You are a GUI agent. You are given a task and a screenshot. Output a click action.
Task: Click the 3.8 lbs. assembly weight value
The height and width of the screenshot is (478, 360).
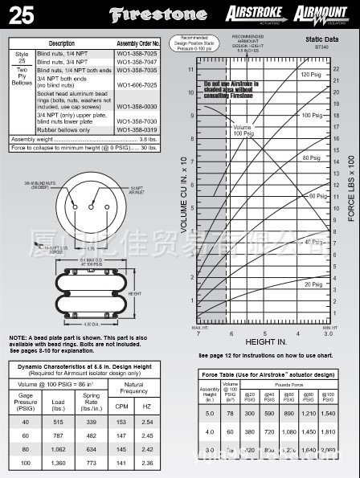[x=148, y=139]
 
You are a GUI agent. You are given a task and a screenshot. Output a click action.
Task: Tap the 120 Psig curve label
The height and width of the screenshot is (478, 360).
[x=311, y=75]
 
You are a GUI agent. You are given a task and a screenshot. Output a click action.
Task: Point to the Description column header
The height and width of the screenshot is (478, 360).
[x=62, y=43]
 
